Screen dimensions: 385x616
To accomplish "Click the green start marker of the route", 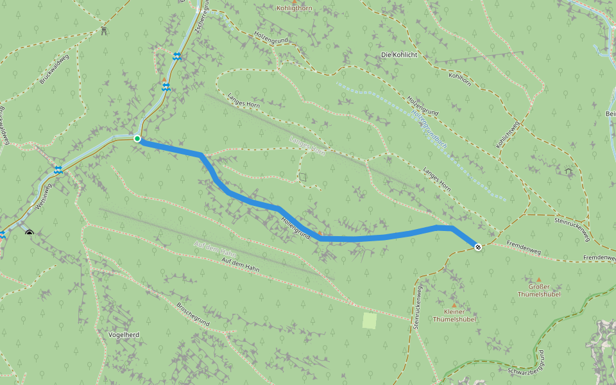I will (137, 139).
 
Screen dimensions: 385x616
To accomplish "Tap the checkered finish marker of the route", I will (478, 247).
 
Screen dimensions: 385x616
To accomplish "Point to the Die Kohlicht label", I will (399, 55).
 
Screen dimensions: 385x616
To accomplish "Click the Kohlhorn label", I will (460, 76).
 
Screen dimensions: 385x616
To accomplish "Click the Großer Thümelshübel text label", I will (539, 290).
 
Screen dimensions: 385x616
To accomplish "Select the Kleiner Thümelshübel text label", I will (454, 315).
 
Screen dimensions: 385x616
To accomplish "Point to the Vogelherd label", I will (124, 335).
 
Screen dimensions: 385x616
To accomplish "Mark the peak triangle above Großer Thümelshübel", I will (539, 280).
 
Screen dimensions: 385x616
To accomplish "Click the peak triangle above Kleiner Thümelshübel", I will (454, 305).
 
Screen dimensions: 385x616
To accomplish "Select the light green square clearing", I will (369, 321).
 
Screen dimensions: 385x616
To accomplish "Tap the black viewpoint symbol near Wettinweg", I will (29, 232).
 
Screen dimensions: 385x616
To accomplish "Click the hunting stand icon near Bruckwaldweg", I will (104, 30).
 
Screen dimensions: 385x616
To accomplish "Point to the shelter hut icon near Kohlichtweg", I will (569, 171).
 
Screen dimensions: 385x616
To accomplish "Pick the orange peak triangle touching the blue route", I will (320, 234).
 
